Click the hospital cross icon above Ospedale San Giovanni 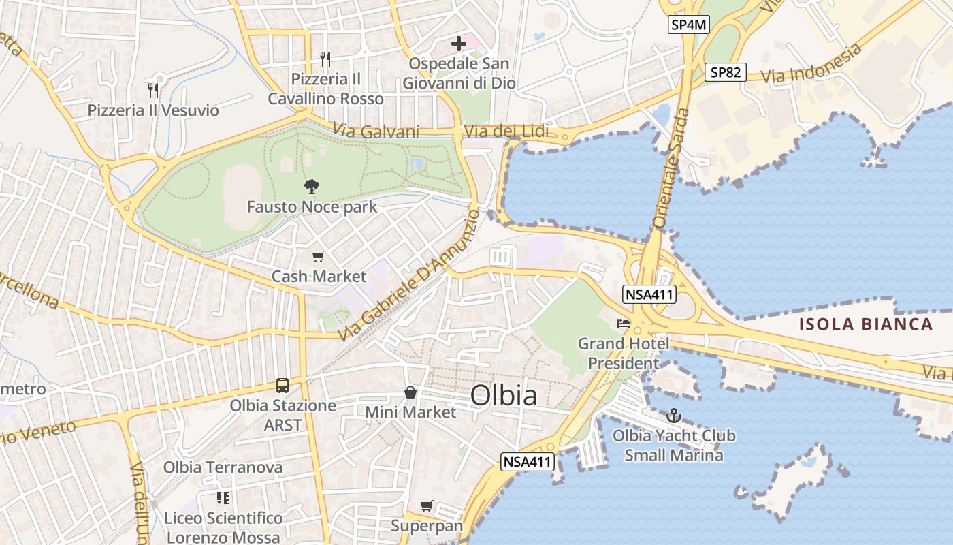click(459, 44)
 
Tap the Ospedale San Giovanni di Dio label click(459, 74)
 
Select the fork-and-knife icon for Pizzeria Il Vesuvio click(153, 90)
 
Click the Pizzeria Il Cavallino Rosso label click(325, 89)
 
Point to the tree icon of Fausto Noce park click(312, 186)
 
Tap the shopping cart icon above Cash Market click(318, 257)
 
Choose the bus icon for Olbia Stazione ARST click(282, 386)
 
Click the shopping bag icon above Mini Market click(410, 392)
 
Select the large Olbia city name click(504, 395)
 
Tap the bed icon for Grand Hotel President click(624, 324)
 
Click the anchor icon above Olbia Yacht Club click(674, 416)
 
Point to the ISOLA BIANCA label click(866, 324)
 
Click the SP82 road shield click(726, 72)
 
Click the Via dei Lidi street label click(505, 131)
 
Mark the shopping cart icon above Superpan click(426, 505)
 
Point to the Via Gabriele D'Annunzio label click(409, 275)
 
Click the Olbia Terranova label click(223, 467)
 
